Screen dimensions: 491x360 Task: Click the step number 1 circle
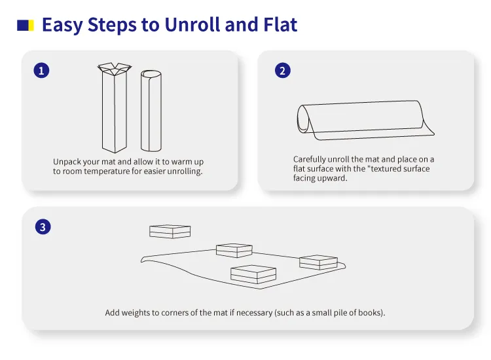(41, 70)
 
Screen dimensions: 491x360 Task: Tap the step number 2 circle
(282, 71)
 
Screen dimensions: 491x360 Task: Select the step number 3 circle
(43, 226)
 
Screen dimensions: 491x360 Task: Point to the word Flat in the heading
(280, 24)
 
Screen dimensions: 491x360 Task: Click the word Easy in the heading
(62, 25)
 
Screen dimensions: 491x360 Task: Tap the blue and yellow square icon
(26, 26)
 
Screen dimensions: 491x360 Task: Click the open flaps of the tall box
(115, 69)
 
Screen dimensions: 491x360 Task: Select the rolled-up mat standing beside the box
(151, 111)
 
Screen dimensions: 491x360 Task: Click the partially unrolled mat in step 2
(365, 120)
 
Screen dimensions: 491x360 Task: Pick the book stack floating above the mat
(170, 232)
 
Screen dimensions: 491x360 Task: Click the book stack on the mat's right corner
(318, 262)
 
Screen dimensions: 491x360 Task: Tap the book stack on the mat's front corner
(253, 274)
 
